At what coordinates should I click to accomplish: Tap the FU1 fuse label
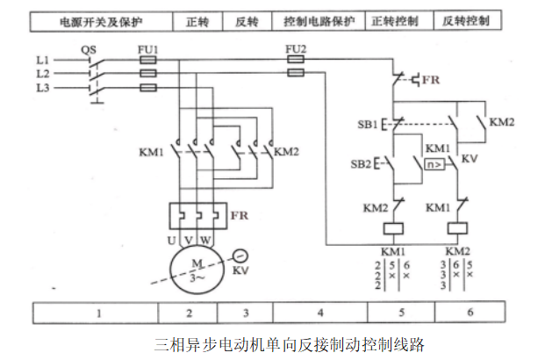click(x=148, y=49)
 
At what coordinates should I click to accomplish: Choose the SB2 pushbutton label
click(x=362, y=164)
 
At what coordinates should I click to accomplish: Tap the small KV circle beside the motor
click(x=239, y=255)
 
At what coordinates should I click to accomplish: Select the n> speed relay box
click(x=434, y=164)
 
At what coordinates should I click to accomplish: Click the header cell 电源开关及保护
click(x=99, y=18)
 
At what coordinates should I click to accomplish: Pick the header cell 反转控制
click(x=466, y=18)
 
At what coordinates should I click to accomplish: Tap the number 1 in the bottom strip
click(x=99, y=313)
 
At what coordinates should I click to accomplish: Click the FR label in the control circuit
click(x=431, y=79)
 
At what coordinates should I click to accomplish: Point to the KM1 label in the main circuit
click(x=151, y=152)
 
